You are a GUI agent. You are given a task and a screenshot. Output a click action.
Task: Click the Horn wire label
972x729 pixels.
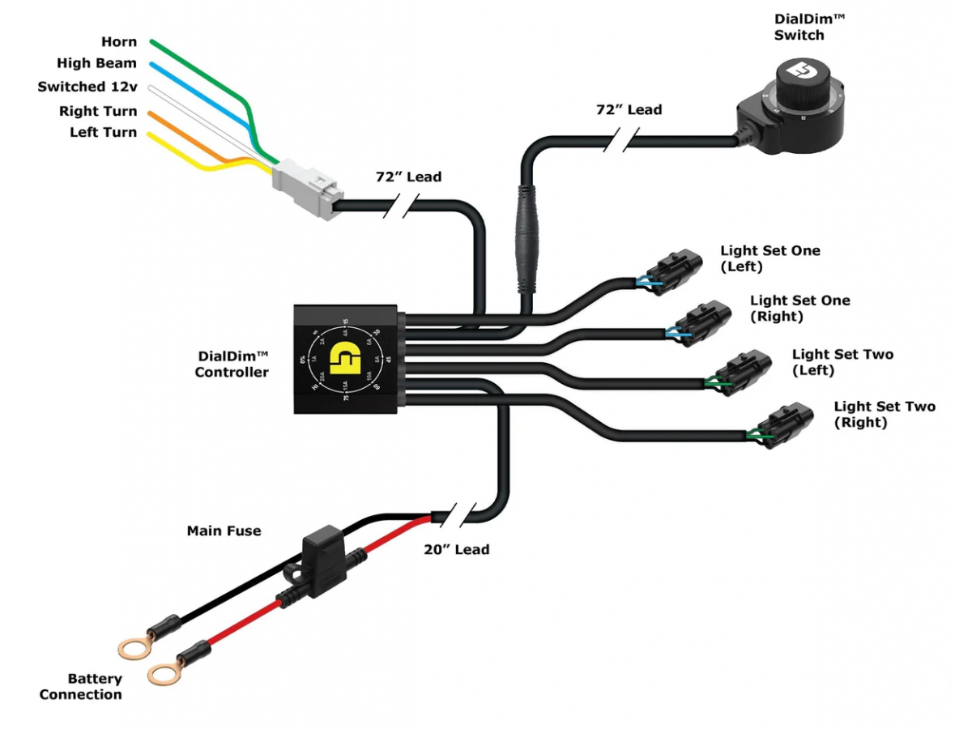(x=119, y=42)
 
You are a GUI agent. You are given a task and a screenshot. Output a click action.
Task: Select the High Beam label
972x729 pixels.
(x=96, y=63)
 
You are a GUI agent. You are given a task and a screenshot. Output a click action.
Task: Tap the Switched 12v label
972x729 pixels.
(x=87, y=87)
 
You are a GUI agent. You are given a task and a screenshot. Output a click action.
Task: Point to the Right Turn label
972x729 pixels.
(x=98, y=111)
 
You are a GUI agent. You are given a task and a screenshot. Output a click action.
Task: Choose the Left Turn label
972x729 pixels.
(x=103, y=132)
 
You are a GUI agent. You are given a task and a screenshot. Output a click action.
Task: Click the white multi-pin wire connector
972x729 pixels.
(x=308, y=189)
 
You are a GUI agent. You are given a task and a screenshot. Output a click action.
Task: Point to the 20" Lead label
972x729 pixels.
(x=457, y=549)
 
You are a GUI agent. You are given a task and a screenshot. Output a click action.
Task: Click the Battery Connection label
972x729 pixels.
(x=81, y=686)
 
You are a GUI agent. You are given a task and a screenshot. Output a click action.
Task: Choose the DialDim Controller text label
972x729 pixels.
(x=232, y=364)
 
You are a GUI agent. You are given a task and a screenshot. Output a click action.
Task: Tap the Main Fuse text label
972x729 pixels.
(x=224, y=531)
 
